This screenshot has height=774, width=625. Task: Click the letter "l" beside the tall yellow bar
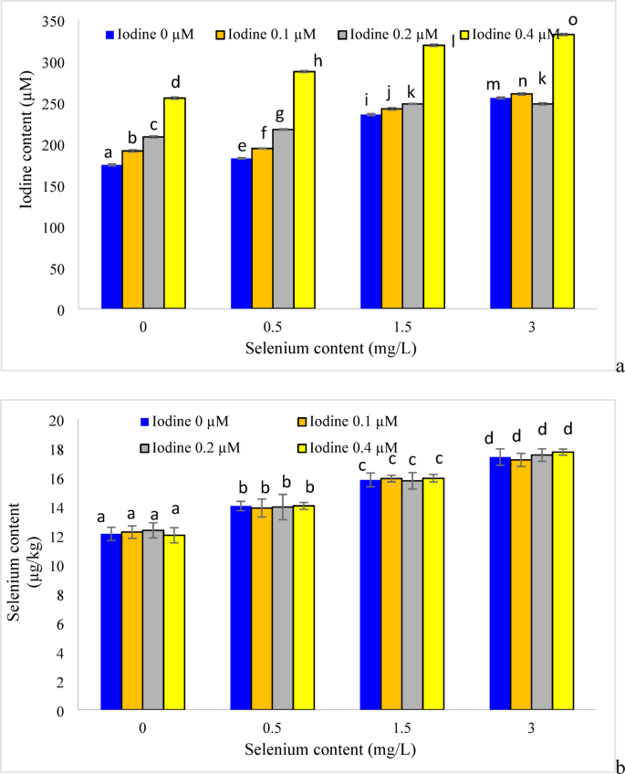[x=453, y=40]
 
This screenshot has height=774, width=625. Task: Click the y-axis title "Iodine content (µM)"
[x=27, y=164]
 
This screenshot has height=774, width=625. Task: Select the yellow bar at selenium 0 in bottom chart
[x=174, y=622]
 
